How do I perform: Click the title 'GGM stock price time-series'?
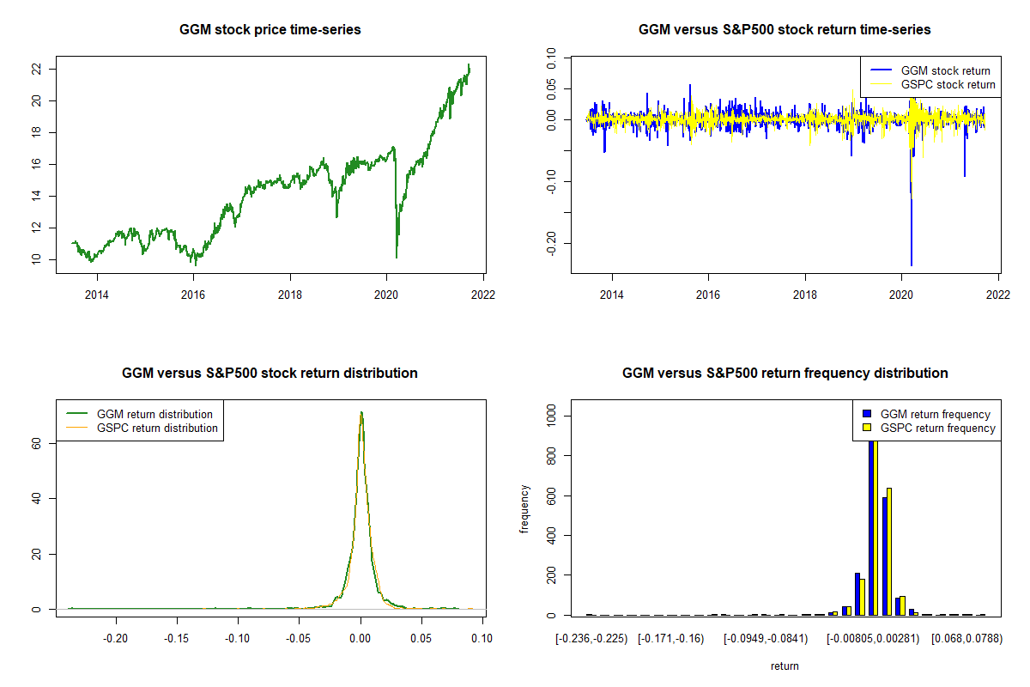click(270, 30)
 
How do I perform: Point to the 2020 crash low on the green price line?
click(397, 256)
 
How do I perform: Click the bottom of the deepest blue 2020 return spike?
click(911, 265)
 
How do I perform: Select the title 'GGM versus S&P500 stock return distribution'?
click(270, 374)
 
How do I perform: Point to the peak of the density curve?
click(361, 412)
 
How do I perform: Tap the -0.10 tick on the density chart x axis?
click(238, 639)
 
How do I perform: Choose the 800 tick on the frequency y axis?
click(551, 456)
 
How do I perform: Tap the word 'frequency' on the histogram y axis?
click(525, 509)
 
